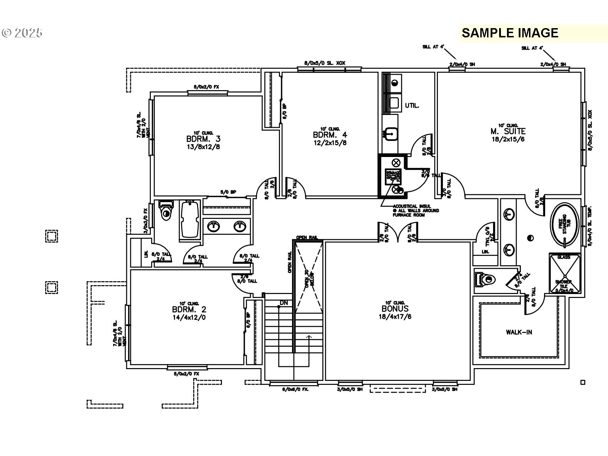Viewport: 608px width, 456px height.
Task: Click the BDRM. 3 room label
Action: tap(203, 139)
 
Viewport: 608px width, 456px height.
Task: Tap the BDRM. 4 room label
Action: tap(329, 135)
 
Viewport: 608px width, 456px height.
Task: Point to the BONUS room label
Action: tap(395, 309)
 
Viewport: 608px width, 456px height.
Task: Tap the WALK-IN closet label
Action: tap(519, 332)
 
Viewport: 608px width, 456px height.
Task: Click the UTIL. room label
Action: tap(412, 106)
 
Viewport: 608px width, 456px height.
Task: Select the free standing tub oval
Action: tap(564, 224)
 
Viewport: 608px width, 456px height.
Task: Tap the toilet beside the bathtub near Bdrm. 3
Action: tap(166, 211)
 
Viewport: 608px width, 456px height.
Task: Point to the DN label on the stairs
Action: tap(284, 303)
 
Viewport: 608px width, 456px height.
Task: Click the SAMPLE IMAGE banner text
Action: tap(510, 33)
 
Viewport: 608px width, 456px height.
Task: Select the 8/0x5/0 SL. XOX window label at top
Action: tap(324, 63)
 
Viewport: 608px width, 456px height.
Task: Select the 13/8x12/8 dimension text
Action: tap(203, 147)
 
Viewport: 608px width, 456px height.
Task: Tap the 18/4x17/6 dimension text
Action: tap(395, 316)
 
